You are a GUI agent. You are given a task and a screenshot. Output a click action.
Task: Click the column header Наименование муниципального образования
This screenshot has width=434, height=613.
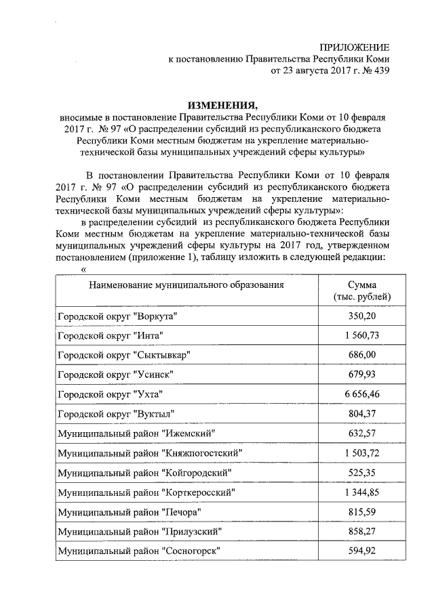[186, 285]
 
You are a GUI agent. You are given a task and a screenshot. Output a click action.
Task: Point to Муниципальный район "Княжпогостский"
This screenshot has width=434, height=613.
[150, 452]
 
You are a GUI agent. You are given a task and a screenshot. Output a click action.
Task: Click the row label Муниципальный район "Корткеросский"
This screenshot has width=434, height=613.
[149, 492]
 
